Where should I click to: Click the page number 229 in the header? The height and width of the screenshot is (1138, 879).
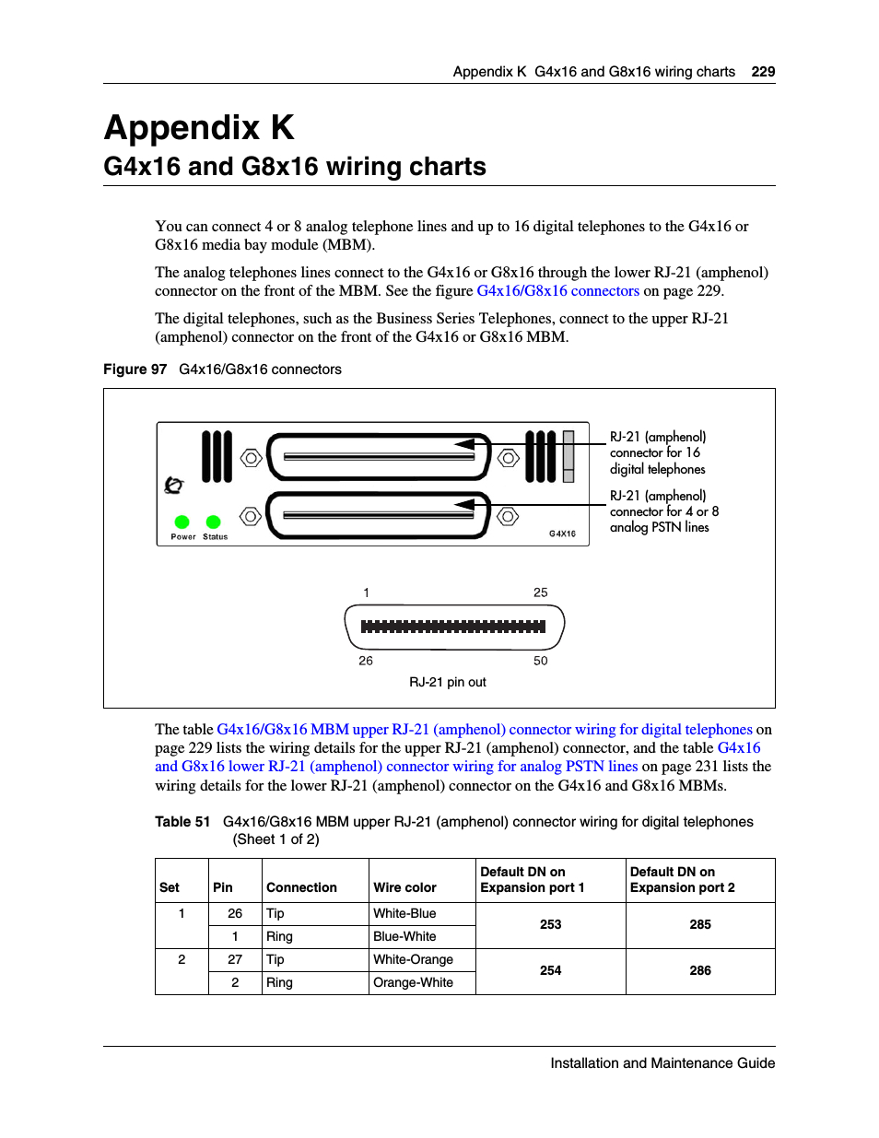point(763,72)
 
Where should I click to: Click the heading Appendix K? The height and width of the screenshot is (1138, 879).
point(199,128)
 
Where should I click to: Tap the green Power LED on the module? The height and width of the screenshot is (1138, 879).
point(182,522)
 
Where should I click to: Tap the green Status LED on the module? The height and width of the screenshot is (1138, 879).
point(214,522)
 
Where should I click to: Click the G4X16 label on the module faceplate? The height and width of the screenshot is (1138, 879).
point(562,534)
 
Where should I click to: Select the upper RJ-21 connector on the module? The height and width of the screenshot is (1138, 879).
point(379,456)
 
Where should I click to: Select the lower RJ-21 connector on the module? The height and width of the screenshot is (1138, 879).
point(379,515)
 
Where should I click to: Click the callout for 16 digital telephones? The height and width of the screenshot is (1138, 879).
point(658,452)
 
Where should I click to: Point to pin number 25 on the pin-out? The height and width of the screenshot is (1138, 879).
point(541,592)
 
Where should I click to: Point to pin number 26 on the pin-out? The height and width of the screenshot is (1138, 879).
point(366,661)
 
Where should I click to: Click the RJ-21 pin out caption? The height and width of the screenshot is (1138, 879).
point(448,682)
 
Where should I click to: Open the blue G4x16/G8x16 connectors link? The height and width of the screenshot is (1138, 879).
point(557,291)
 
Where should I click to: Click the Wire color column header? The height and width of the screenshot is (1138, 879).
point(404,887)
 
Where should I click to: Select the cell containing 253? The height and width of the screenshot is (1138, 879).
point(550,924)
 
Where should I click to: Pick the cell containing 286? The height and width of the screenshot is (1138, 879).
point(700,970)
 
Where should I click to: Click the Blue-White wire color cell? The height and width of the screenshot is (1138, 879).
point(404,936)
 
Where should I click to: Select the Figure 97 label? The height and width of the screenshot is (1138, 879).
point(135,370)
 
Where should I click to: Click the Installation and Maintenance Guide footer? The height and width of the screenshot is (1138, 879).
point(662,1062)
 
